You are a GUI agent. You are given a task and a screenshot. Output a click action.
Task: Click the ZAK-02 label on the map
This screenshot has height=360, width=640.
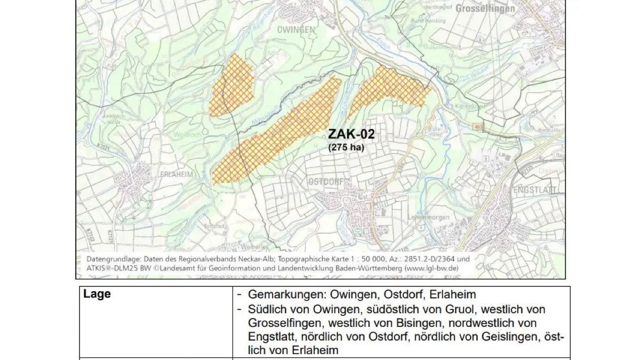point(351,134)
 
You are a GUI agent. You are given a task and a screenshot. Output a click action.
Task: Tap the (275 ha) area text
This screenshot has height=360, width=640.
point(346,147)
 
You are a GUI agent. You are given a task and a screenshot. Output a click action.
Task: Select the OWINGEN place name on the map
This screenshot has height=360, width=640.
point(296,30)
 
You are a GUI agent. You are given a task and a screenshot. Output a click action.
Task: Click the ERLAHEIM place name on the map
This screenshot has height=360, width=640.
point(174,174)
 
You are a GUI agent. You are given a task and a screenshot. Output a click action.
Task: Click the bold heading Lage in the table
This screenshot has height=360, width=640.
point(97,294)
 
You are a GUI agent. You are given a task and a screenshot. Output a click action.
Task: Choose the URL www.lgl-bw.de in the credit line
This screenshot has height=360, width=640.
point(430,268)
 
